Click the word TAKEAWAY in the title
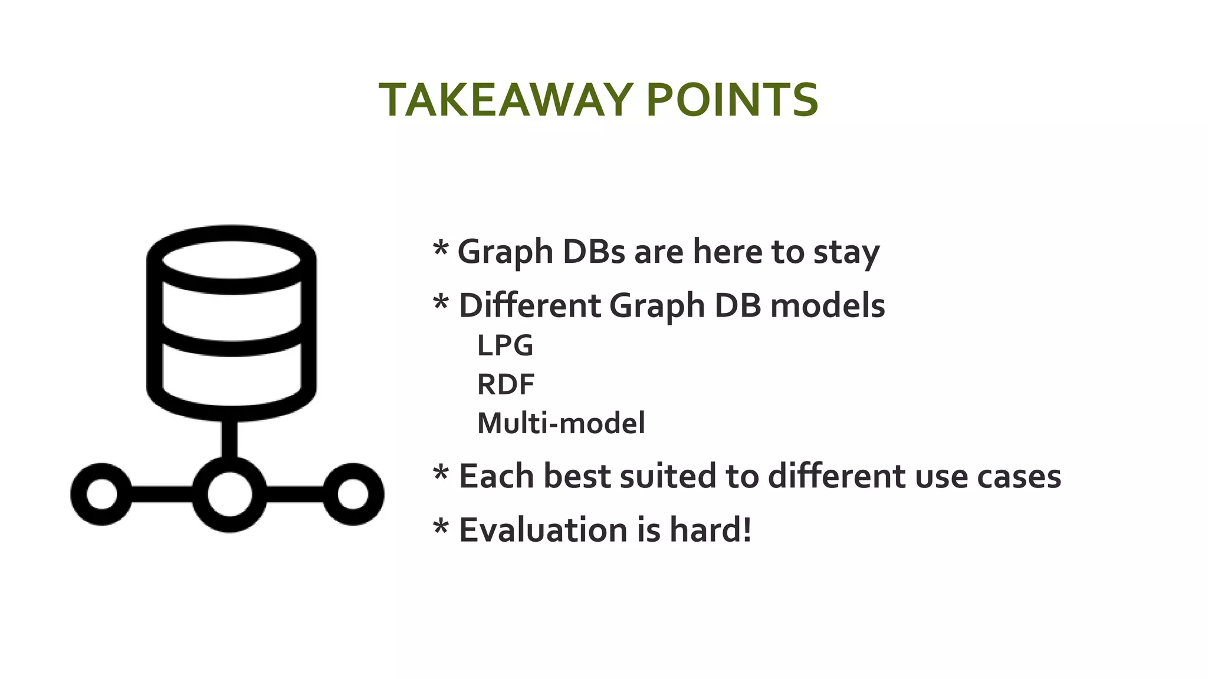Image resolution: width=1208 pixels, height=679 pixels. coord(506,100)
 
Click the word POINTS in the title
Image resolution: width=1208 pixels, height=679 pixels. coord(732,100)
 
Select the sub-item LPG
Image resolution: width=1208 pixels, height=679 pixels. coord(505,345)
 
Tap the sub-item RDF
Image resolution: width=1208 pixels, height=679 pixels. coord(505,384)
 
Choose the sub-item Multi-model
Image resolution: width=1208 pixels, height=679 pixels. coord(561,423)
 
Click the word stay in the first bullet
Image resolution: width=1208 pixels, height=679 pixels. coord(846,252)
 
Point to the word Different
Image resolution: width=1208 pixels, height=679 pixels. coord(529,306)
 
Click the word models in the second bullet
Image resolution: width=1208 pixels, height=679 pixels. coord(828,306)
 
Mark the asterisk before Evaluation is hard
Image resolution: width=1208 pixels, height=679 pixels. coord(441,526)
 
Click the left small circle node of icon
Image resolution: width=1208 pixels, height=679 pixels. coord(101,494)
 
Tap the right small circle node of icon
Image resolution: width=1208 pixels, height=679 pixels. coord(353,494)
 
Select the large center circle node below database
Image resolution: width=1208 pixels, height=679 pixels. coord(229,494)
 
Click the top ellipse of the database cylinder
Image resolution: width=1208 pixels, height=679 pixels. coord(231,259)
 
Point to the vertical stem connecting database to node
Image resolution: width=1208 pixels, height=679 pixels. coord(229,439)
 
